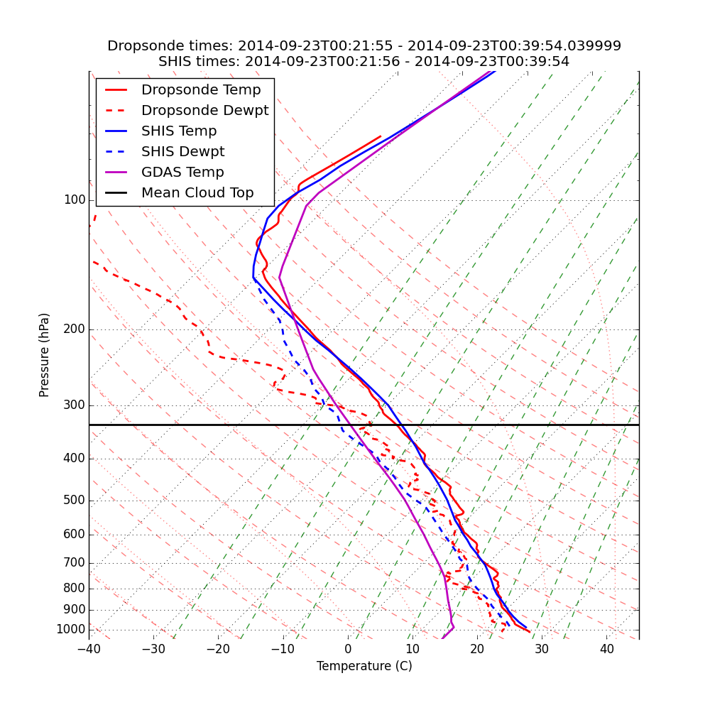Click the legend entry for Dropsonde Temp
[201, 90]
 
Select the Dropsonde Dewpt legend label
[204, 111]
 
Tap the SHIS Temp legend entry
[179, 131]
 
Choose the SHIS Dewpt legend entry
[182, 152]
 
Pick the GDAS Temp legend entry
[182, 173]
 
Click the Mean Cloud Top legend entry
[197, 193]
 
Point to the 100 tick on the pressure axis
[75, 200]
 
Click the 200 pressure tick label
[75, 329]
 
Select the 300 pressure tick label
[75, 405]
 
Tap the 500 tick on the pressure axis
[75, 501]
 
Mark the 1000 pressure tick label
[71, 630]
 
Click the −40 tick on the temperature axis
[89, 649]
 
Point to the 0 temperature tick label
[348, 649]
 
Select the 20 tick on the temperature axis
[477, 649]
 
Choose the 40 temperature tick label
[606, 649]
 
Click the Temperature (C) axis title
[364, 666]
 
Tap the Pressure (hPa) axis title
[45, 355]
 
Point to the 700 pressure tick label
[75, 563]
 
